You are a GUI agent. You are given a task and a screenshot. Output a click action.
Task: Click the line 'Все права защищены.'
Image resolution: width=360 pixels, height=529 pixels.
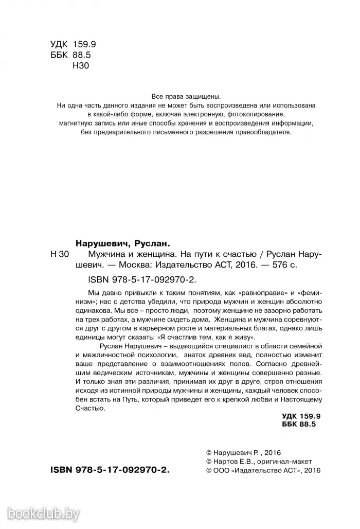[186, 96]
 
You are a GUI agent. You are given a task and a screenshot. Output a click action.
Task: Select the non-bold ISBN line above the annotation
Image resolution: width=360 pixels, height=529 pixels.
[135, 279]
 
